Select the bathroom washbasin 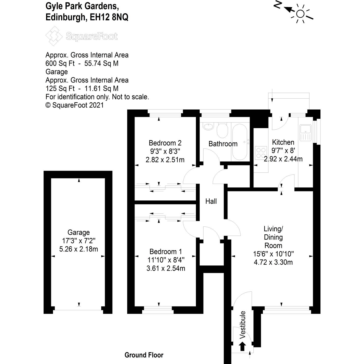pyautogui.click(x=208, y=127)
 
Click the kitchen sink pyautogui.click(x=305, y=133)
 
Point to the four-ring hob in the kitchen pyautogui.click(x=261, y=153)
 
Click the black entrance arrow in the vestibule pyautogui.click(x=242, y=346)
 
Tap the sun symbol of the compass pyautogui.click(x=300, y=14)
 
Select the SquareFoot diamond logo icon pyautogui.click(x=54, y=36)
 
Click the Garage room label pyautogui.click(x=78, y=233)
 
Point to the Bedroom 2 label pyautogui.click(x=165, y=143)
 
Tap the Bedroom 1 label pyautogui.click(x=166, y=252)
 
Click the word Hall pyautogui.click(x=211, y=201)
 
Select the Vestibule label pyautogui.click(x=242, y=325)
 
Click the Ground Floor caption pyautogui.click(x=144, y=355)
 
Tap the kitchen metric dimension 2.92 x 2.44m pyautogui.click(x=283, y=159)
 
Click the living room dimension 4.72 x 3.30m pyautogui.click(x=273, y=262)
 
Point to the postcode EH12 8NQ pyautogui.click(x=109, y=17)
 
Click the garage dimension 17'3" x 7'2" pyautogui.click(x=79, y=241)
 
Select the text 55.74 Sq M pyautogui.click(x=101, y=63)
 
